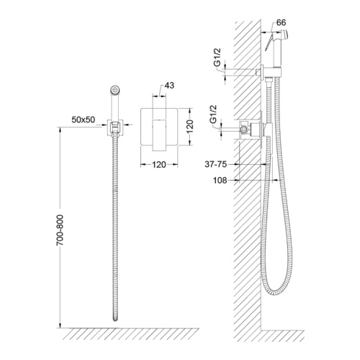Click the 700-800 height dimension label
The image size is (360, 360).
point(60,230)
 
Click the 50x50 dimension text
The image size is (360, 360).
point(84,120)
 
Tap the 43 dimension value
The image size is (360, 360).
point(169,86)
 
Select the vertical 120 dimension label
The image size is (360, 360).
point(189,126)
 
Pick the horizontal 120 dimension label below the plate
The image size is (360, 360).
point(159,165)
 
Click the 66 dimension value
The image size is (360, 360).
point(281,22)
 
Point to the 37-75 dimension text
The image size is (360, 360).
point(216,164)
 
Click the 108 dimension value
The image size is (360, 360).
point(220,180)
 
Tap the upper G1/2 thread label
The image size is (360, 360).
point(217,57)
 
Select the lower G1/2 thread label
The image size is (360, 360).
point(213,114)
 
